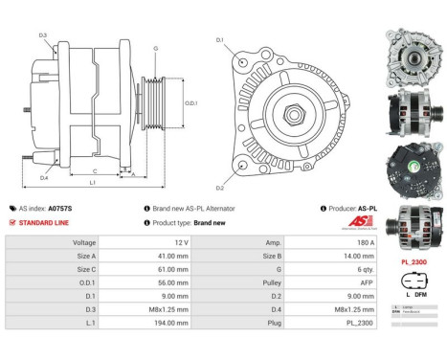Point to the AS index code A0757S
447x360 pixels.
coord(60,208)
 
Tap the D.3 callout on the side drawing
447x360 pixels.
coord(43,35)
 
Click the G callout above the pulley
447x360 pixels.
coord(155,47)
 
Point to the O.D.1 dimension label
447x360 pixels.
coord(190,103)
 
